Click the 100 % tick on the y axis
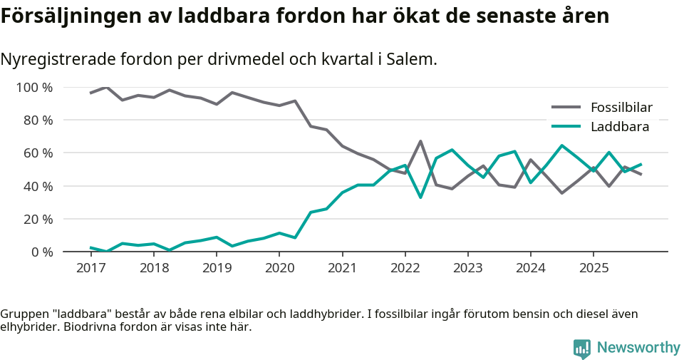(x=35, y=88)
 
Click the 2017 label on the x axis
(x=90, y=269)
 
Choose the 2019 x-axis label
(x=217, y=269)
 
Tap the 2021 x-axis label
(x=342, y=269)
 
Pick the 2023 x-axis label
(x=467, y=269)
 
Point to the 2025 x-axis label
(x=594, y=269)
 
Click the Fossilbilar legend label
(x=621, y=108)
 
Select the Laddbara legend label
(x=620, y=127)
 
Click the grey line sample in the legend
(x=566, y=108)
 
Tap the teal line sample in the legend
(x=566, y=127)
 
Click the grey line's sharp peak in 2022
(x=420, y=141)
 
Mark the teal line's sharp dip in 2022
(x=420, y=197)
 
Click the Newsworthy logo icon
(x=582, y=348)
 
